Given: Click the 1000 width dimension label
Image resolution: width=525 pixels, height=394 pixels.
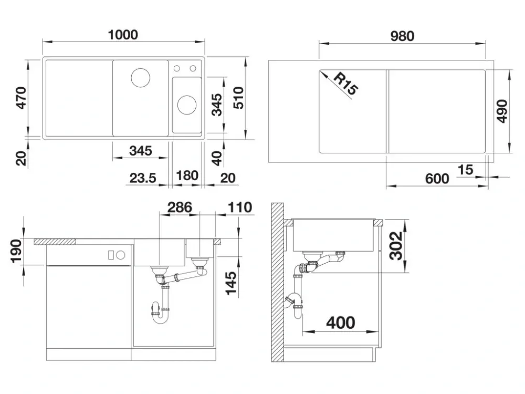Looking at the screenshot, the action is pyautogui.click(x=123, y=35).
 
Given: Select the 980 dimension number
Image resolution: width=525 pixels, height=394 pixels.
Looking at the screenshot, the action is pyautogui.click(x=402, y=36).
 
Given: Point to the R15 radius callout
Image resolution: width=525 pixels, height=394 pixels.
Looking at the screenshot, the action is pyautogui.click(x=346, y=84).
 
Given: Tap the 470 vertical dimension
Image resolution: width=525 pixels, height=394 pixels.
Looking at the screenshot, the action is pyautogui.click(x=22, y=98).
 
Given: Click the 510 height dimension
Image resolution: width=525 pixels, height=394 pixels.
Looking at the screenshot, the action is pyautogui.click(x=238, y=98).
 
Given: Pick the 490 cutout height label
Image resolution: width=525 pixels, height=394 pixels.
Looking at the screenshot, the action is pyautogui.click(x=502, y=111).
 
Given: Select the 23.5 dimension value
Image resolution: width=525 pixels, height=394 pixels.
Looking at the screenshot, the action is pyautogui.click(x=143, y=178).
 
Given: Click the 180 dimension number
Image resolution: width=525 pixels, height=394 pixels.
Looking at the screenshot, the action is pyautogui.click(x=187, y=175).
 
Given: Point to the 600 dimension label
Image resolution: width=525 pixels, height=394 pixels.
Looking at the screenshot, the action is pyautogui.click(x=437, y=179).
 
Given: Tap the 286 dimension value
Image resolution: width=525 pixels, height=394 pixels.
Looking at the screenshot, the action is pyautogui.click(x=180, y=208).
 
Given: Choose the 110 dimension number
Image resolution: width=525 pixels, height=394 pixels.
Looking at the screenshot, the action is pyautogui.click(x=240, y=208).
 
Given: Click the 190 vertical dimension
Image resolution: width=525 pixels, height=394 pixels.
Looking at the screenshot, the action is pyautogui.click(x=16, y=251).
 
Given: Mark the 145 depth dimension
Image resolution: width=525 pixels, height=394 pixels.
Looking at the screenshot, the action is pyautogui.click(x=231, y=283).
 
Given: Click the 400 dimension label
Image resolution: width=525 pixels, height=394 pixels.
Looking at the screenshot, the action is pyautogui.click(x=341, y=323).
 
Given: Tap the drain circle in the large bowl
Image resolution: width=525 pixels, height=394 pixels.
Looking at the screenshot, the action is pyautogui.click(x=140, y=77).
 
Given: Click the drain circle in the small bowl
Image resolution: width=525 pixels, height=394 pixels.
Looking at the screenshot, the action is pyautogui.click(x=187, y=105).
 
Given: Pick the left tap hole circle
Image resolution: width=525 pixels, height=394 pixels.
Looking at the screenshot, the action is pyautogui.click(x=177, y=69).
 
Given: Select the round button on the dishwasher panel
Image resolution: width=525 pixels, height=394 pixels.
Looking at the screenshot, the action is pyautogui.click(x=121, y=255).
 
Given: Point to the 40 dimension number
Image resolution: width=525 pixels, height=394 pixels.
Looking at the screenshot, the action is pyautogui.click(x=217, y=159).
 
